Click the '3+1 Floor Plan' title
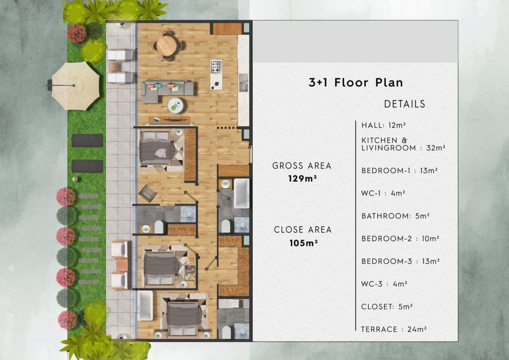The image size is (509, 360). pos(355,83)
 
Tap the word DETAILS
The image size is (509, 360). pos(405,104)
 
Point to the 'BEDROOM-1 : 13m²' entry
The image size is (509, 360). pos(399,171)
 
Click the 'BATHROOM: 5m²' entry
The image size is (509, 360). pos(395,216)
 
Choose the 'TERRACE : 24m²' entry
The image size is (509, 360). pos(394,329)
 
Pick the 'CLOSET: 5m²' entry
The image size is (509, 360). pos(387,307)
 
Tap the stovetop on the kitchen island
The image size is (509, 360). pos(216,67)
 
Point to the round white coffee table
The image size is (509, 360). pos(175,104)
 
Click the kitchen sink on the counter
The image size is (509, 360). pos(244,83)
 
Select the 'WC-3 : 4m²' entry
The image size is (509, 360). pos(384,284)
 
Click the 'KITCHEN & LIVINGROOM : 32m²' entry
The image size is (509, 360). pos(403,144)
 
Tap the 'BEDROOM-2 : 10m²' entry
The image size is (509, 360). pos(400,239)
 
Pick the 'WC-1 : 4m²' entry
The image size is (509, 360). pos(383,193)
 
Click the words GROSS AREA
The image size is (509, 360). pos(302,166)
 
